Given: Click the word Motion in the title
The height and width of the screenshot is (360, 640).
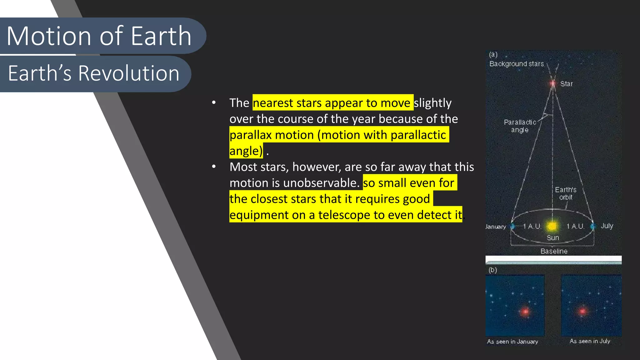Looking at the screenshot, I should [x=49, y=36].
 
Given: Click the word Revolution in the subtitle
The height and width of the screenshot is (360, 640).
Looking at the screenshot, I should [x=128, y=73].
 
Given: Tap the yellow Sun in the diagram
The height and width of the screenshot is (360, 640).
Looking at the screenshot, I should [x=552, y=226].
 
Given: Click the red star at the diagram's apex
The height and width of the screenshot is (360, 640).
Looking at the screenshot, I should [x=553, y=83].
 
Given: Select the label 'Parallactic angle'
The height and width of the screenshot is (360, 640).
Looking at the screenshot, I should [x=520, y=126].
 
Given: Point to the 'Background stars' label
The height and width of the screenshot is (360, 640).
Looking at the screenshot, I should [x=516, y=64].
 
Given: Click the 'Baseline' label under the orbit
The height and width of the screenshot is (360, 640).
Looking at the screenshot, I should [x=554, y=251].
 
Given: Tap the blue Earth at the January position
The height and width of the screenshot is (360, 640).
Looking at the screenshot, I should [x=512, y=226].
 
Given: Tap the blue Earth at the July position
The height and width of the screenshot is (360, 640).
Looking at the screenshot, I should [x=592, y=226].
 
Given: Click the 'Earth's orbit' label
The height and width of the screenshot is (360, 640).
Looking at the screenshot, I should [x=566, y=193].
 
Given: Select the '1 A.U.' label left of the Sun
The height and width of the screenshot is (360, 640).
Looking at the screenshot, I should [x=532, y=226].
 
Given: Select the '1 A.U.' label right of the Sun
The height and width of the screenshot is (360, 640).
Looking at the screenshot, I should [x=575, y=226].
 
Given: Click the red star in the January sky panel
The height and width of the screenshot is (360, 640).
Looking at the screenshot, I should [x=525, y=311].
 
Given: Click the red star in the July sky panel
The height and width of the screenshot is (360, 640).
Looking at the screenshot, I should [x=582, y=311].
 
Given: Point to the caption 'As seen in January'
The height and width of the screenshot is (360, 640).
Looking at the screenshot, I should [x=512, y=342].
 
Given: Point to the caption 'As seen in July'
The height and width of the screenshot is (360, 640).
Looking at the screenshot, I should [x=590, y=341].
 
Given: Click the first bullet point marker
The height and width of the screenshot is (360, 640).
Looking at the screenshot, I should [x=214, y=102].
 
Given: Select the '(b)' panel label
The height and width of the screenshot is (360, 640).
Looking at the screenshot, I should [x=492, y=270].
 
